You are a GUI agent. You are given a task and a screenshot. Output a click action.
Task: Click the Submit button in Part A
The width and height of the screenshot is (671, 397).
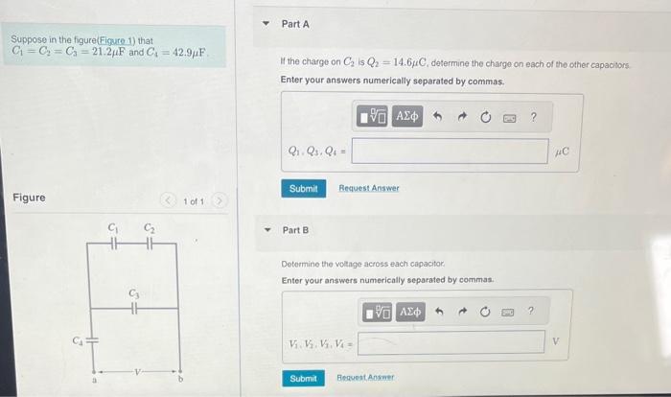point(303,189)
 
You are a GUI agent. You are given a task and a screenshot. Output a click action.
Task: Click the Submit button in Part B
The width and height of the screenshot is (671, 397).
point(303,379)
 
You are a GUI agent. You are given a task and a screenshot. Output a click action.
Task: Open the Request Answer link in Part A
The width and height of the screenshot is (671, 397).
point(369,189)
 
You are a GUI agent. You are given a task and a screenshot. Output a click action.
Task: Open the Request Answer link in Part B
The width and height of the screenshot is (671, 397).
point(363,379)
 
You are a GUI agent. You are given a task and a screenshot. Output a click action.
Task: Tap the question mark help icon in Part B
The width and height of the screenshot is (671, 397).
point(530,312)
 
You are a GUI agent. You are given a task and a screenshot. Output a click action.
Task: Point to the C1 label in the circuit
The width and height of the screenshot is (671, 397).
point(113,227)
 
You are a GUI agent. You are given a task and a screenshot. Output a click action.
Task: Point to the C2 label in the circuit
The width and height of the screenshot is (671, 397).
point(150,227)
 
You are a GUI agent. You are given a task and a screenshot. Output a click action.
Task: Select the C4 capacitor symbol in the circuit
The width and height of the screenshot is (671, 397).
point(92,339)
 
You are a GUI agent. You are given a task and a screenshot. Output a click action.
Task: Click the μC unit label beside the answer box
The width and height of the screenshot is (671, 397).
point(562,152)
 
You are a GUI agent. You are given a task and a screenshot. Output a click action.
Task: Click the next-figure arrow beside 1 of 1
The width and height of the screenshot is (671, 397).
point(219,200)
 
